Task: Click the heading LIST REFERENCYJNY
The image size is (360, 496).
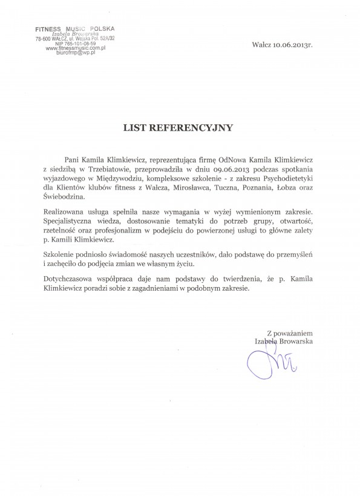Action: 180,128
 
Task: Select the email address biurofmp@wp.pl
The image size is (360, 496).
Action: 77,54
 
